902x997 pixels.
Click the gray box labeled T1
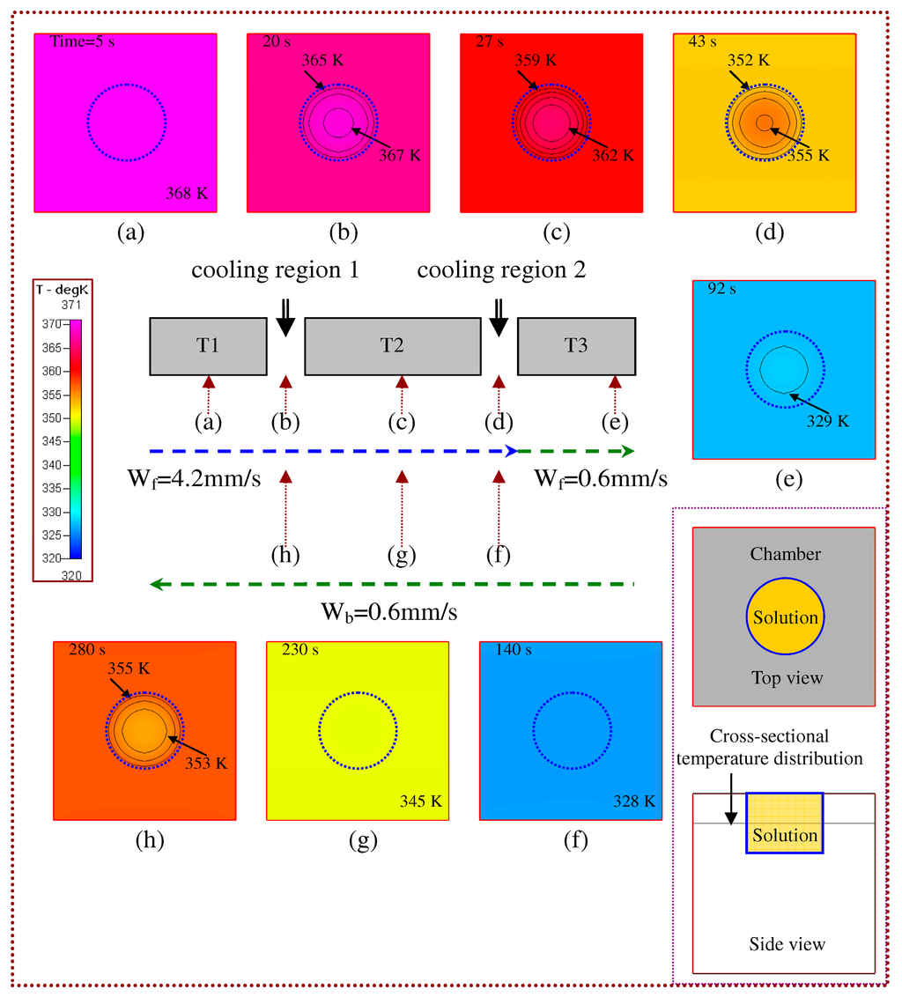[208, 346]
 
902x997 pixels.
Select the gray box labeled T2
[393, 346]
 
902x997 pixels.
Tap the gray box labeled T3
[576, 346]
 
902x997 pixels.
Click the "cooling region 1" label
[275, 270]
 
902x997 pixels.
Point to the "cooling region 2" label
[501, 270]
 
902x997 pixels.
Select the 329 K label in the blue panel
[828, 421]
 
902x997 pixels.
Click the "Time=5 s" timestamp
[82, 42]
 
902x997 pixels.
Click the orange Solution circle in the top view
[784, 617]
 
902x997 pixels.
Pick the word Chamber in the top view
[786, 554]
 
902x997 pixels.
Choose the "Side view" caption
[787, 944]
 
